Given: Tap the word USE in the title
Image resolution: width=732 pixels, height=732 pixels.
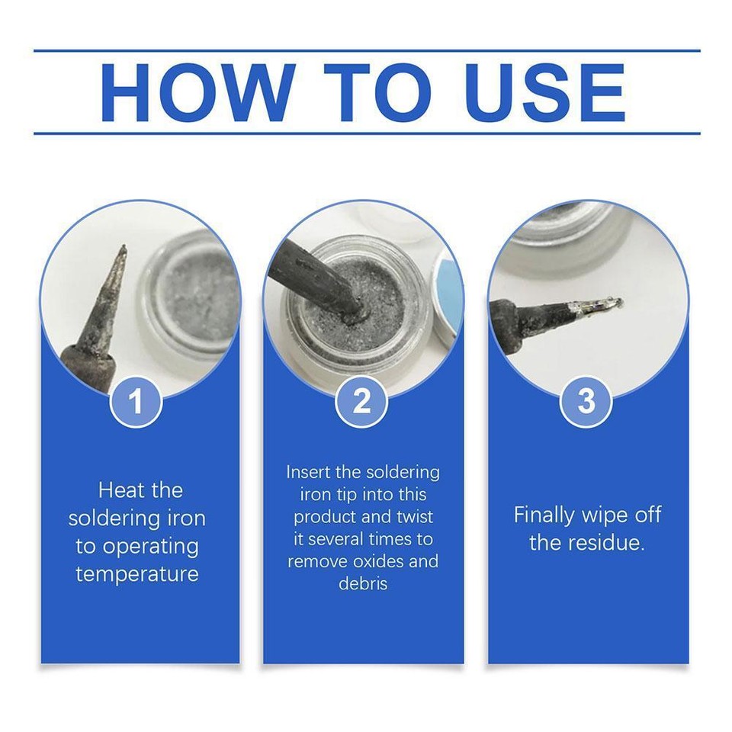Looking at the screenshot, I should tap(545, 93).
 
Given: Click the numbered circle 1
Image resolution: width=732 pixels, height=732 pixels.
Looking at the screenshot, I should tap(136, 402).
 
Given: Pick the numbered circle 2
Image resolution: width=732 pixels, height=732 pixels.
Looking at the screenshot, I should tap(361, 402).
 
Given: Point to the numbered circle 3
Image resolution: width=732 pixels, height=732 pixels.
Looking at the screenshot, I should tap(586, 402).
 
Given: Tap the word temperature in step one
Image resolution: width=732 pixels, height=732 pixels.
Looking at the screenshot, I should tap(137, 573).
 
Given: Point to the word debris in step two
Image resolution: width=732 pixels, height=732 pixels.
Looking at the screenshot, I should tap(363, 584).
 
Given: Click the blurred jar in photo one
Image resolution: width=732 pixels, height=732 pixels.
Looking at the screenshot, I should tap(194, 297).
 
